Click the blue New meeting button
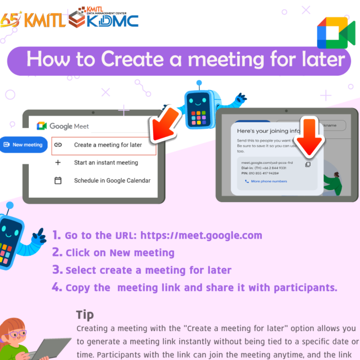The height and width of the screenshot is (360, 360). point(24,144)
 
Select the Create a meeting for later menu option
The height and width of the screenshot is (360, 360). point(108,145)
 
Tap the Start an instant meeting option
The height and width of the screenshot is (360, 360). point(106,163)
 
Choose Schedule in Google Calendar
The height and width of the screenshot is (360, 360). point(112,181)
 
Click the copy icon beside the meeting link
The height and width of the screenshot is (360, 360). point(308,164)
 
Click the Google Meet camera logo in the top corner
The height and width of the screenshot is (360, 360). point(336,32)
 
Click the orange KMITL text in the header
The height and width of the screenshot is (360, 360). point(44,20)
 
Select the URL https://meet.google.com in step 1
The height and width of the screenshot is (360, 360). point(201,235)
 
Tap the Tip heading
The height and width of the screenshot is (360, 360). point(85,314)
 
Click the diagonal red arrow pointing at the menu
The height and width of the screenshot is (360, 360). point(166,124)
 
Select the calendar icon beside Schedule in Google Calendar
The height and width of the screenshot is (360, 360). point(58,181)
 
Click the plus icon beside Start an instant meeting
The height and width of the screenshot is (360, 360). point(58,163)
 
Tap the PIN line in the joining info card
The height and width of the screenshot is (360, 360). point(260,173)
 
